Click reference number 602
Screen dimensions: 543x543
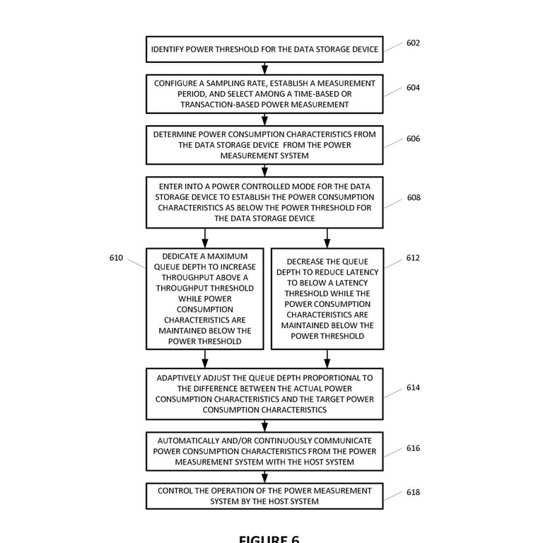click(413, 43)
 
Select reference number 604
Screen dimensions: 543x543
click(413, 88)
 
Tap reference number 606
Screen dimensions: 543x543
click(413, 139)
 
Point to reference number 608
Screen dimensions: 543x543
click(413, 198)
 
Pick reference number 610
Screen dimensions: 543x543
click(116, 258)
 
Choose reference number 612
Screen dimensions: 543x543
click(413, 258)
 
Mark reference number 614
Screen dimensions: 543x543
click(413, 388)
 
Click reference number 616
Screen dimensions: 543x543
click(413, 448)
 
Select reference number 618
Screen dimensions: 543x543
click(413, 492)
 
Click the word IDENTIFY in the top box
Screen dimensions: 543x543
click(172, 49)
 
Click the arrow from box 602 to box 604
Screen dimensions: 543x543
click(264, 68)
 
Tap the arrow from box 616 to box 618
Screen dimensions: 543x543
click(264, 477)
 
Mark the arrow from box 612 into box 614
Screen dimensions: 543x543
click(327, 359)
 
